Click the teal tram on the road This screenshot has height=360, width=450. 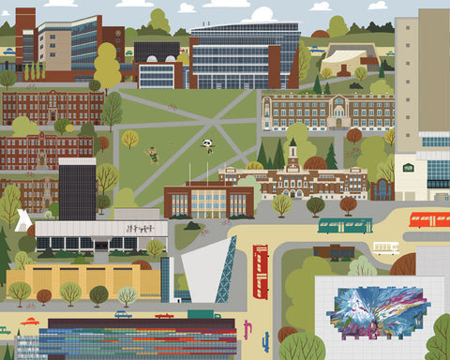pos(345,225)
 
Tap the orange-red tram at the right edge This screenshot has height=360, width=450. pos(429,219)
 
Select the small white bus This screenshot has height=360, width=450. pos(385,248)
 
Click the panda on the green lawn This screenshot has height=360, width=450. pos(206,144)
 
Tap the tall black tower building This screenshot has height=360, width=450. pos(77,188)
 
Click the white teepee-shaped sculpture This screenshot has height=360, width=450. pos(23,220)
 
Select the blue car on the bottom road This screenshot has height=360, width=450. pos(123,315)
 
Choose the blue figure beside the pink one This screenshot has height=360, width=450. pos(265,338)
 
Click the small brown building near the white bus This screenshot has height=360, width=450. pos(335,251)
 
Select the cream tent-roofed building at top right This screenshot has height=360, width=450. pos(349,57)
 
